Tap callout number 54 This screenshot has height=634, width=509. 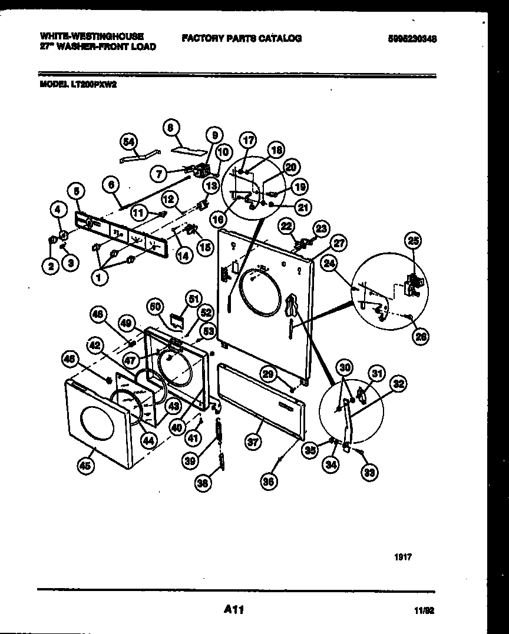pos(128,142)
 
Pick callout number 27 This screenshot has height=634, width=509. pos(338,242)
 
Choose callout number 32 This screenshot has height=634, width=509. pos(399,385)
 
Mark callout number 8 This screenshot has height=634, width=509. pos(170,127)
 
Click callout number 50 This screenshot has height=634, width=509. pos(155,306)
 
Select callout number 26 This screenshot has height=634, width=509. pos(421,336)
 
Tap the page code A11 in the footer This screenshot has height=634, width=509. pos(233,610)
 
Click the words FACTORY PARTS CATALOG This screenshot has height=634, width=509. pos(242,38)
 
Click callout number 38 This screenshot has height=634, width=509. pos(203,483)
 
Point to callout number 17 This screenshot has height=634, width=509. pos(248,141)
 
